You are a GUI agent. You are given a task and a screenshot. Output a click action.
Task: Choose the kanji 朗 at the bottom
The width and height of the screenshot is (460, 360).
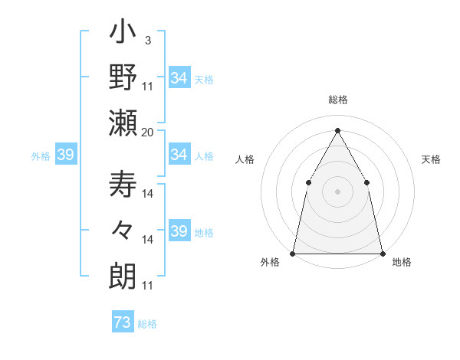click(x=123, y=274)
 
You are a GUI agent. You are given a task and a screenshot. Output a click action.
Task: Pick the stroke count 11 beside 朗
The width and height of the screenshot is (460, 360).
click(x=148, y=286)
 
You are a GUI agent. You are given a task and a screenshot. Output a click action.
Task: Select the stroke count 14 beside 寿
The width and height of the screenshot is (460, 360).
click(x=148, y=194)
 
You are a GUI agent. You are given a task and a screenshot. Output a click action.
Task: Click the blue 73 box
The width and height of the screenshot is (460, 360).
click(x=123, y=322)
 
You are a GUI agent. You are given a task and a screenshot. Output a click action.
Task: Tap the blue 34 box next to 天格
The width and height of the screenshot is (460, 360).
click(x=179, y=78)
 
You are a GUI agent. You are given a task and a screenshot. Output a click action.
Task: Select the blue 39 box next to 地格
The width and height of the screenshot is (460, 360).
click(x=179, y=231)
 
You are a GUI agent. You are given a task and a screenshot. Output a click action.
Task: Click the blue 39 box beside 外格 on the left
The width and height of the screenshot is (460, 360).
click(x=65, y=155)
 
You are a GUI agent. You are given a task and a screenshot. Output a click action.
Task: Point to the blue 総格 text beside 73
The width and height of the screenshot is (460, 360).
click(x=147, y=324)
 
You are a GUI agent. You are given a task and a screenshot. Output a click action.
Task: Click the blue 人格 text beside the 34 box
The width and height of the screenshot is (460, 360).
click(x=204, y=155)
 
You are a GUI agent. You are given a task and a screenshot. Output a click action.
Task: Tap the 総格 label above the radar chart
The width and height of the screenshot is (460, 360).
click(x=337, y=100)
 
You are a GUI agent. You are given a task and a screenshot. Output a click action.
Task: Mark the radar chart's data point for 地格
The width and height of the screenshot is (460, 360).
click(x=382, y=253)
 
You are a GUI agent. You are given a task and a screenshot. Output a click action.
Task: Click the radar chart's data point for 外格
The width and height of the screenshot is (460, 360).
click(x=293, y=253)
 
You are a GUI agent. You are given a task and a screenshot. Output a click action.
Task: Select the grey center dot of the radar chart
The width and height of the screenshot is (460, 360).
click(x=337, y=191)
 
